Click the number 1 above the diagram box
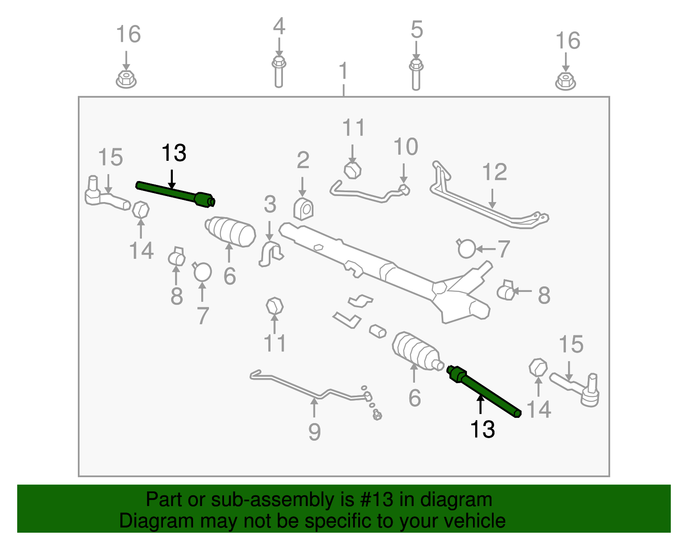click(x=344, y=71)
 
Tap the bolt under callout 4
click(x=279, y=72)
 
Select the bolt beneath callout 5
click(x=416, y=75)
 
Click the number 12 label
click(x=494, y=172)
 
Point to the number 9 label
click(x=314, y=432)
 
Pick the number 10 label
click(x=405, y=147)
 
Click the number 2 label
click(x=303, y=160)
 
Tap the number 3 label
click(x=270, y=204)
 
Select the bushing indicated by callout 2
click(x=303, y=209)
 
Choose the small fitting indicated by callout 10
click(x=404, y=190)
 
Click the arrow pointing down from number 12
click(x=492, y=199)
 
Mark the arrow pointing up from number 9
click(x=314, y=408)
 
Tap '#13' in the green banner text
click(x=377, y=500)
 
